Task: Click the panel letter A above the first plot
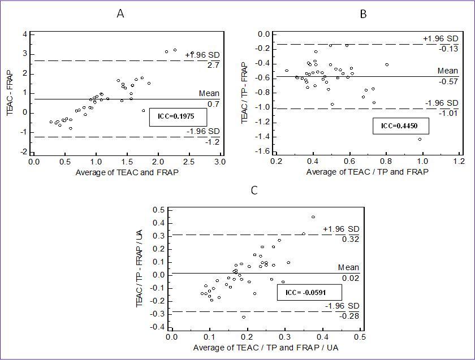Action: (x=120, y=14)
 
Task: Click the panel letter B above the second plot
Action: (x=364, y=14)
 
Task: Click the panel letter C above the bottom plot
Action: (x=254, y=190)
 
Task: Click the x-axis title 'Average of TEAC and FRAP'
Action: (x=127, y=172)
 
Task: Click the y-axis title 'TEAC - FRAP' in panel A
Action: (x=10, y=93)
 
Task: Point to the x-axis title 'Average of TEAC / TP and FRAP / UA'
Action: (x=266, y=348)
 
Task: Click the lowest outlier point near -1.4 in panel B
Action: (x=420, y=139)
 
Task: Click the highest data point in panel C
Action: (x=313, y=216)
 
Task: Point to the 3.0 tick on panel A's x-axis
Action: (x=220, y=162)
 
